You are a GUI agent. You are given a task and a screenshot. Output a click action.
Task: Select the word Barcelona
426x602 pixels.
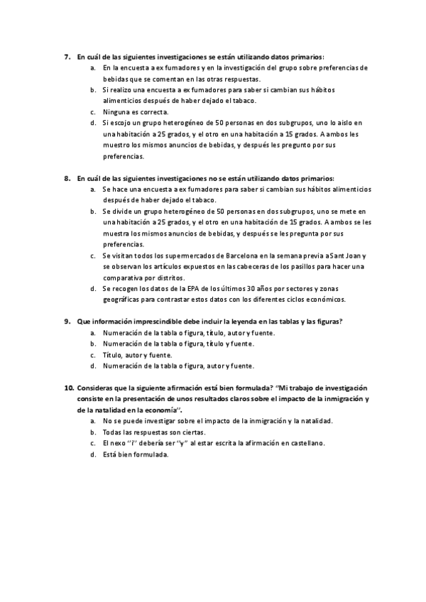pos(221,256)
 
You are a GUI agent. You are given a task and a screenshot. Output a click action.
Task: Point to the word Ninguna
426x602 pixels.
pos(116,112)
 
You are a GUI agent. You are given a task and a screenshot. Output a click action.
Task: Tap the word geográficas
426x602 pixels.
pos(126,300)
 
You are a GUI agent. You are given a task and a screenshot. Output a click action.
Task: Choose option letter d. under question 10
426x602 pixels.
pos(93,454)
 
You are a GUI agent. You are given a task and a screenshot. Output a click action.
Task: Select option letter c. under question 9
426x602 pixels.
pos(93,354)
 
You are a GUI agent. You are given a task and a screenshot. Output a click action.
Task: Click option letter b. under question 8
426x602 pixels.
pos(93,212)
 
